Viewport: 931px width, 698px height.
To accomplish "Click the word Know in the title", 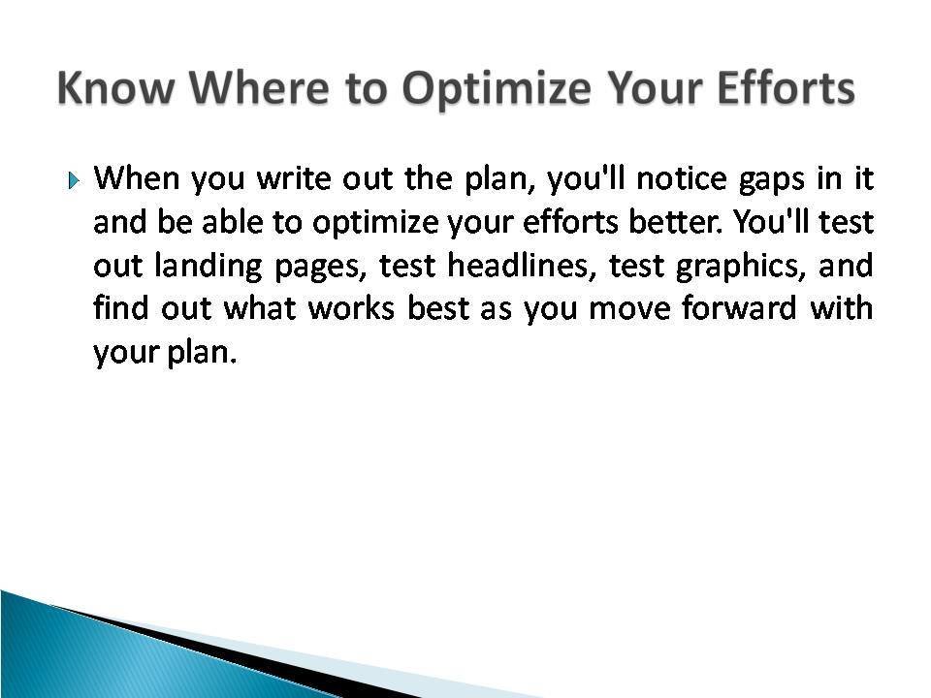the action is [x=115, y=88].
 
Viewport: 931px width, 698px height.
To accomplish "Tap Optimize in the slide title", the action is [x=497, y=90].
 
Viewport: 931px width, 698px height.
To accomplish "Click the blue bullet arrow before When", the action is [x=73, y=179].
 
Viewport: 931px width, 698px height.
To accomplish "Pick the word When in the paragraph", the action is [x=137, y=177].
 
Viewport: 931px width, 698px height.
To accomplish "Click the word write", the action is [x=294, y=177].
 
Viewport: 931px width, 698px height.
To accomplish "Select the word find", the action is [x=120, y=307].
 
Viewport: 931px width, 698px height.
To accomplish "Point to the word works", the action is [x=351, y=307].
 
